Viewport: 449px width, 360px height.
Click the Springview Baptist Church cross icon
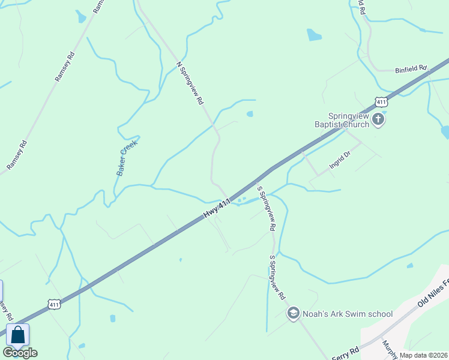(x=378, y=119)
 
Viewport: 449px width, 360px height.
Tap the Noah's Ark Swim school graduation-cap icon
(x=293, y=313)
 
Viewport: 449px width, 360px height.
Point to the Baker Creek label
(x=127, y=157)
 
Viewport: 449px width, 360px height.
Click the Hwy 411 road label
(x=217, y=209)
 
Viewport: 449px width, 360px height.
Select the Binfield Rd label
(x=410, y=69)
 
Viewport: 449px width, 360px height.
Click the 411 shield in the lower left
(x=54, y=305)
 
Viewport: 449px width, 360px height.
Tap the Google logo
(x=20, y=353)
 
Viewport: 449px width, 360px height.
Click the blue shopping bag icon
(x=17, y=335)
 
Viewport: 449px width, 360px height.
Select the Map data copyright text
(x=424, y=355)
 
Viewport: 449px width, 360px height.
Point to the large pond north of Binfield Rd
(x=314, y=35)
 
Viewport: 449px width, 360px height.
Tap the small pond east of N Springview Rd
(x=250, y=113)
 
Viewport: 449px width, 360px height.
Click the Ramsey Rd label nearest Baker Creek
(x=64, y=67)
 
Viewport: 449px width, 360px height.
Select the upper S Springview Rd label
(x=266, y=208)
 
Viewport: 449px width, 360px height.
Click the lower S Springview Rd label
(x=277, y=278)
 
